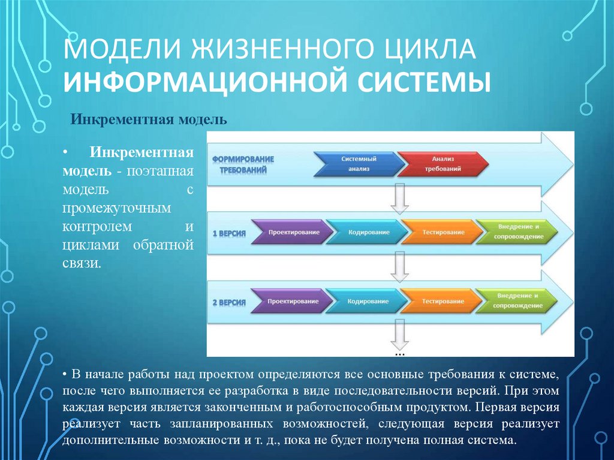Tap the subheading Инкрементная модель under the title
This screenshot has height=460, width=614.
[x=149, y=119]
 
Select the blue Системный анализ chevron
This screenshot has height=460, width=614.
[x=358, y=164]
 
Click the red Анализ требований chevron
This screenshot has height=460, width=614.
[x=443, y=164]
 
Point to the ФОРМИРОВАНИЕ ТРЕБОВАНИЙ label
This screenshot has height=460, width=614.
[x=242, y=164]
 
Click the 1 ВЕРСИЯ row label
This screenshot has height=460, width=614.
[x=229, y=232]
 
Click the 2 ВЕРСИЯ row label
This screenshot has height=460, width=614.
[x=229, y=301]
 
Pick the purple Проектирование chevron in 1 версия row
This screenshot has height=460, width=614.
[x=292, y=232]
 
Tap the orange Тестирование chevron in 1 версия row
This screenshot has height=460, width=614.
[x=442, y=232]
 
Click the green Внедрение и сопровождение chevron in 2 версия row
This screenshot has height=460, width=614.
[x=517, y=300]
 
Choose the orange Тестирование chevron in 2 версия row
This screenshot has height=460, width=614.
[x=442, y=300]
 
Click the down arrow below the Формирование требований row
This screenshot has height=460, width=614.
[x=399, y=199]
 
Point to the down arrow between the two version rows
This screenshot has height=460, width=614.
[x=399, y=267]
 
